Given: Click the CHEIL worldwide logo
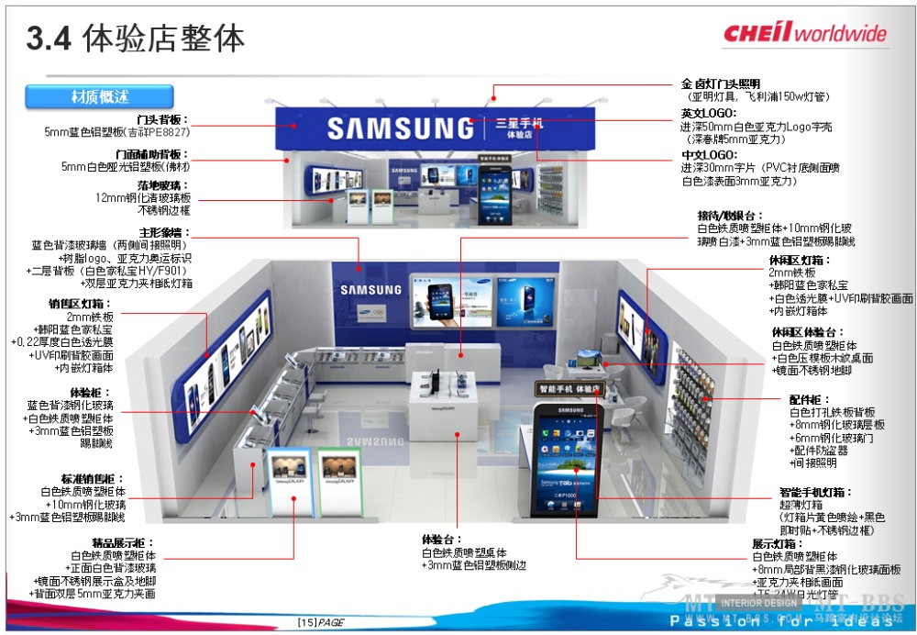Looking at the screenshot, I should click(x=804, y=34).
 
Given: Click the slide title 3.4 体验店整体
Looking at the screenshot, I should click(x=136, y=39).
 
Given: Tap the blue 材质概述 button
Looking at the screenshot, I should click(x=99, y=96).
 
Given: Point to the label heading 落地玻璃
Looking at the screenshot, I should click(x=164, y=185).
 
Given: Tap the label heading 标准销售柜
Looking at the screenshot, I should click(x=88, y=479).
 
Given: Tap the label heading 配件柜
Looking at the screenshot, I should click(x=810, y=400).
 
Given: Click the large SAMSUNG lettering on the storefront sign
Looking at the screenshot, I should click(x=400, y=128).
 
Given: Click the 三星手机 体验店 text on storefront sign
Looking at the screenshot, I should click(x=519, y=128).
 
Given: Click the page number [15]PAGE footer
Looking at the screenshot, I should click(x=320, y=623).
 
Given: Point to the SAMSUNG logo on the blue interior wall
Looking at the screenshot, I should click(x=370, y=290).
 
